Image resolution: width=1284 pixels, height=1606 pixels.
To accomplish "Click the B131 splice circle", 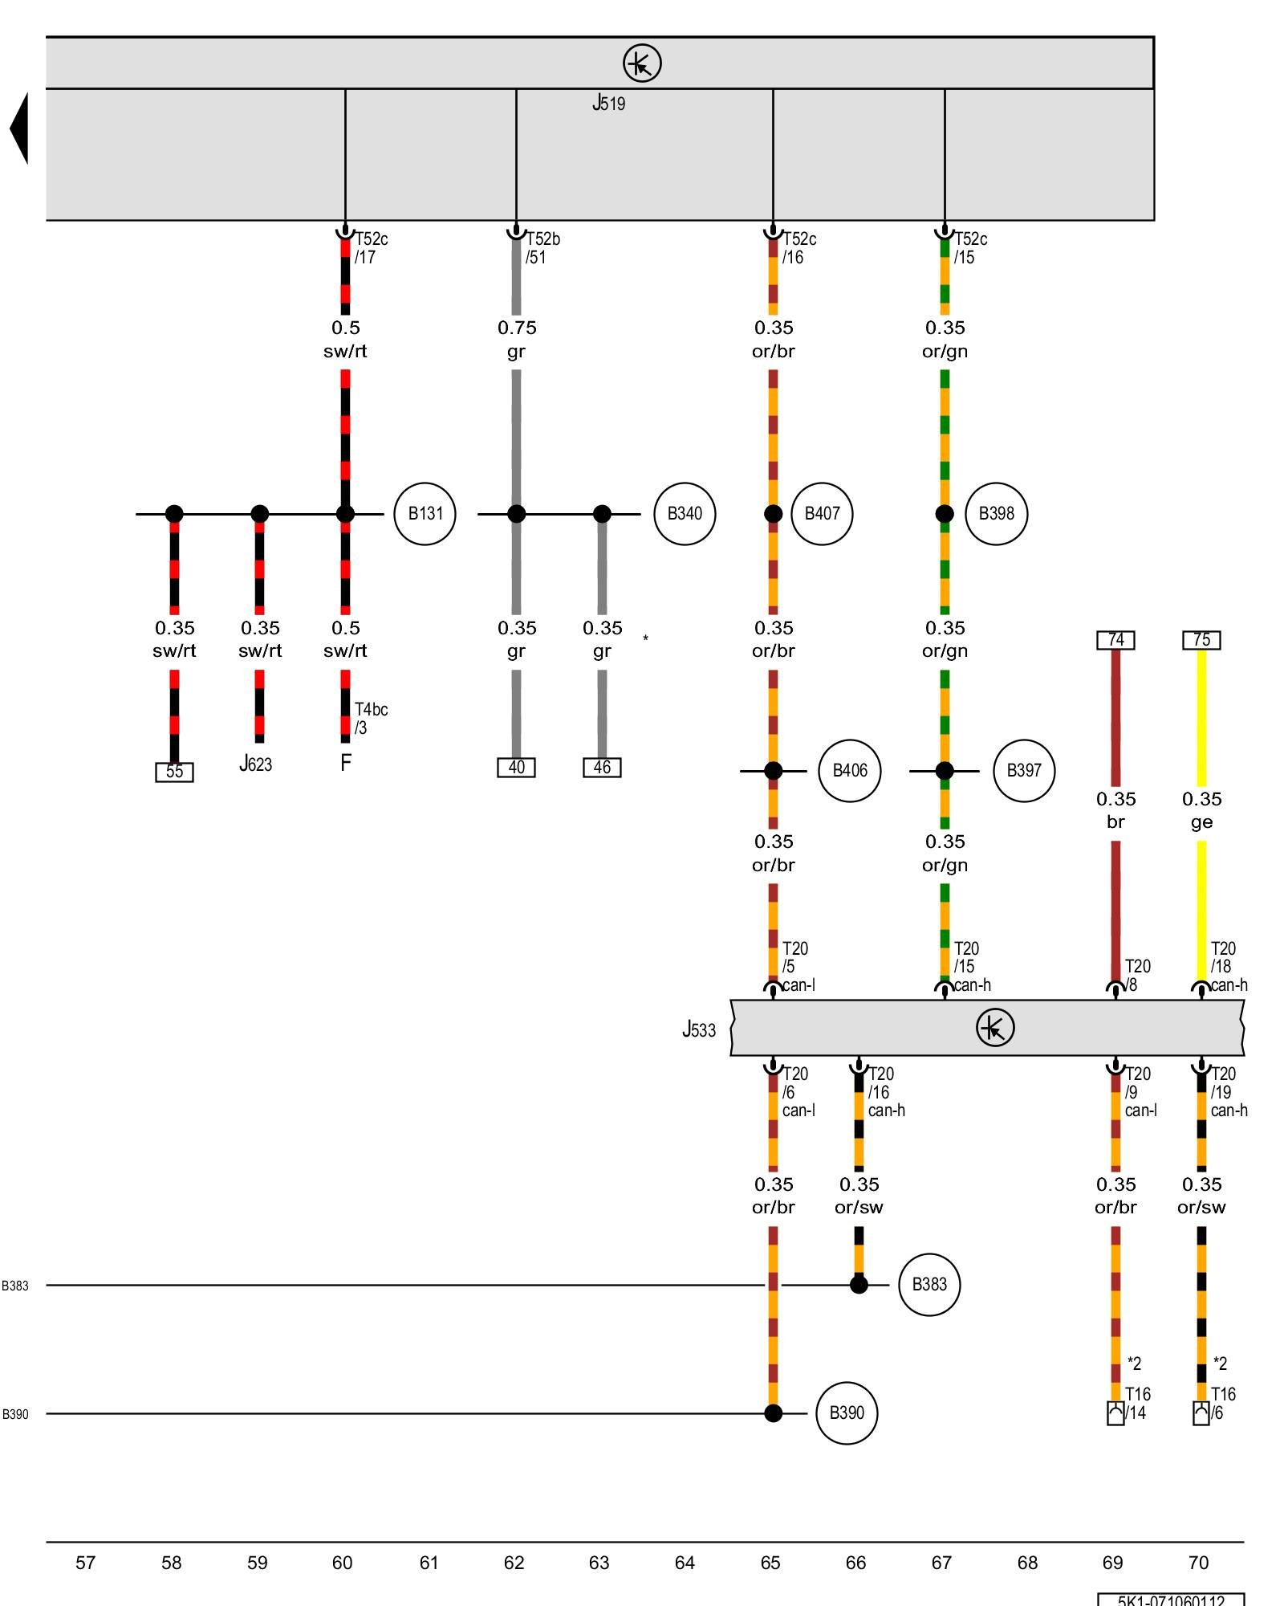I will point(425,514).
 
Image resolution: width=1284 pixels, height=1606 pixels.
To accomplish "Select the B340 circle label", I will point(685,514).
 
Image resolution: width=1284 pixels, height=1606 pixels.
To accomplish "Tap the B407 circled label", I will point(822,514).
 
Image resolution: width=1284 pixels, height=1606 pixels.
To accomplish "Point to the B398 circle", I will point(996,514).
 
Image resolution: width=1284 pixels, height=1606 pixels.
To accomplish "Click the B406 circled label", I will point(850,771).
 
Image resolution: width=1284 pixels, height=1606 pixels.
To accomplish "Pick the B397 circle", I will point(1024,771).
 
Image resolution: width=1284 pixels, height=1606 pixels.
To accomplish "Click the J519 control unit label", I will point(609,103).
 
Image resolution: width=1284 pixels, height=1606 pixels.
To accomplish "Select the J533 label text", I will point(699,1029).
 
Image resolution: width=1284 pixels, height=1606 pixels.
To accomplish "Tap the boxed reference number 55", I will point(174,772).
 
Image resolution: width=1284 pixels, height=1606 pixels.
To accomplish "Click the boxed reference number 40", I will point(516,768).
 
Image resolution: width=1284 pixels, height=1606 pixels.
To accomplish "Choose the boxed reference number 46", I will point(602,768).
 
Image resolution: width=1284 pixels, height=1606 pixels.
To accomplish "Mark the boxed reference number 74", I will point(1115,640).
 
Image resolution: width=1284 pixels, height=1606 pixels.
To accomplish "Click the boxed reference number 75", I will point(1201,640).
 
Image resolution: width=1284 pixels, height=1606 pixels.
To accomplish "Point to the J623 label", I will point(256,764).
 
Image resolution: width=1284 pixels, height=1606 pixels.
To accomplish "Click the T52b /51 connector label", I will point(542,248).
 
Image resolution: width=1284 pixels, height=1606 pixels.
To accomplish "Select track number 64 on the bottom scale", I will point(685,1563).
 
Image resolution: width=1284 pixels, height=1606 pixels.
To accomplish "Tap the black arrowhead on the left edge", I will point(20,128).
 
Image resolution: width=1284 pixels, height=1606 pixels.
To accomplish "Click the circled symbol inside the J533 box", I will point(995,1028).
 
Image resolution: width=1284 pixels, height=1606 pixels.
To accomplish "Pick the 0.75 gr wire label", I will point(516,339).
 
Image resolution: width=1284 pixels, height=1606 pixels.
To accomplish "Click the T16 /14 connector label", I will point(1137,1403).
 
